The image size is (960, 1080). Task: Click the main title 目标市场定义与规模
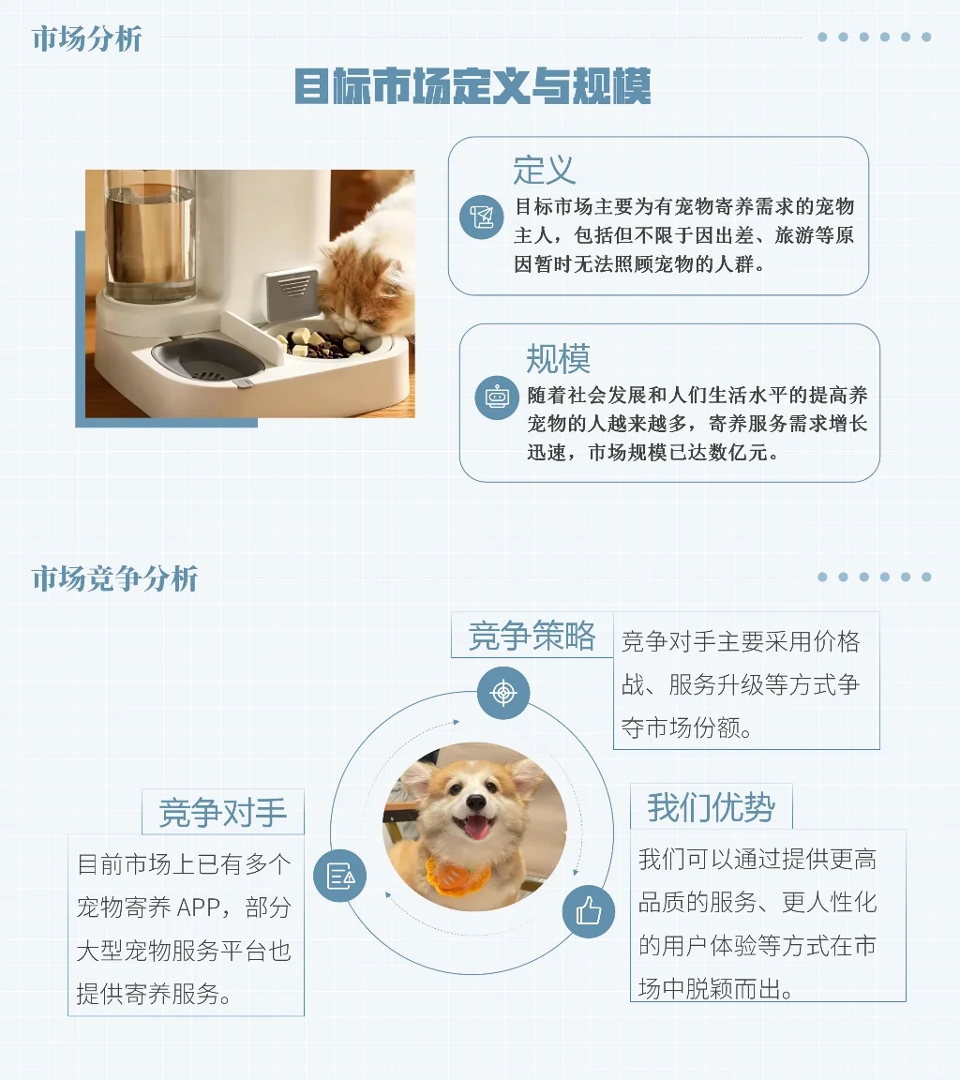tap(472, 87)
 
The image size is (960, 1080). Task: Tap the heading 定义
tap(544, 170)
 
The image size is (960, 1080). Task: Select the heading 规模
tap(558, 358)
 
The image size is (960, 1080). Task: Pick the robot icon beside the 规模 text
tap(495, 397)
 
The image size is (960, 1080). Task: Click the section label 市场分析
tap(86, 39)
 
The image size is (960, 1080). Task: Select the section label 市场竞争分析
tap(115, 578)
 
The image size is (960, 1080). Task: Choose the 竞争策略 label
tap(532, 637)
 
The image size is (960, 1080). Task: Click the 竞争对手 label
tap(223, 812)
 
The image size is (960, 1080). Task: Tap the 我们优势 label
tap(711, 807)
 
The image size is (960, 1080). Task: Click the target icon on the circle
tap(503, 694)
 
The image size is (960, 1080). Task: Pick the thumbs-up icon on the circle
tap(588, 909)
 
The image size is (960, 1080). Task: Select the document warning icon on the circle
tap(339, 877)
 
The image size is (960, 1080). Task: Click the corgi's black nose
tap(476, 803)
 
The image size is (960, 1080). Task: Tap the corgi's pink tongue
tap(477, 828)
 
